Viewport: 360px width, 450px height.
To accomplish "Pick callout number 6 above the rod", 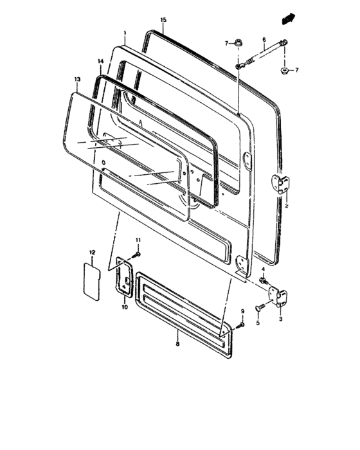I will coord(264,39).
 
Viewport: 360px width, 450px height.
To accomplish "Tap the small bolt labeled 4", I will coord(264,280).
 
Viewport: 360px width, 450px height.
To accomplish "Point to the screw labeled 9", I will coord(239,326).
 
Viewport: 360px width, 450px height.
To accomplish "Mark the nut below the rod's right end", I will coord(283,68).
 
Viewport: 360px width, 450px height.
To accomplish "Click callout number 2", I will coord(287,207).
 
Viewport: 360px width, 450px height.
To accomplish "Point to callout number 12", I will coord(92,252).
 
